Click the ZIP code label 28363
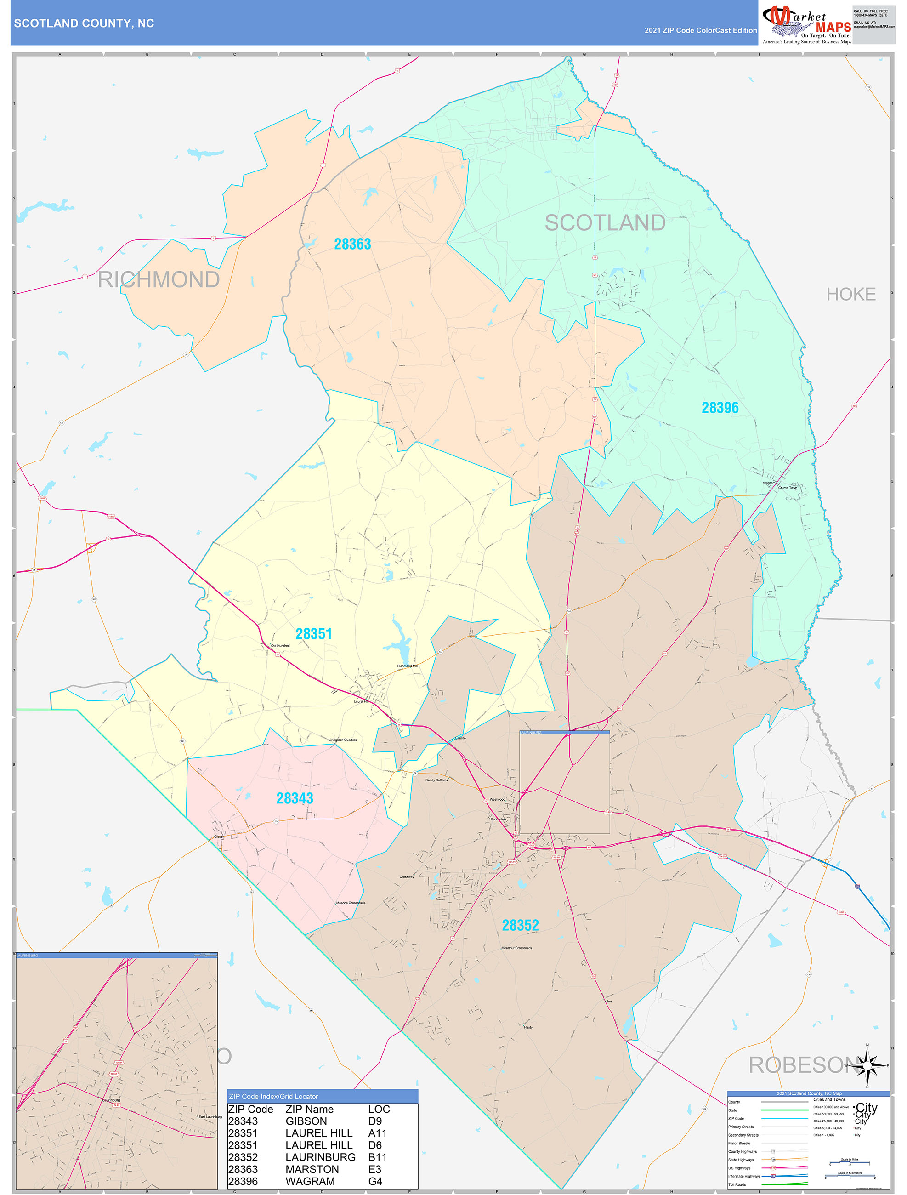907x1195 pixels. click(x=352, y=244)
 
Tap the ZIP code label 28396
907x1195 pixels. click(x=720, y=408)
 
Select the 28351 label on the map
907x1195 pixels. click(x=313, y=634)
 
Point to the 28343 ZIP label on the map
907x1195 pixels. click(x=295, y=798)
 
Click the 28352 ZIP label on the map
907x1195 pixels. click(x=520, y=925)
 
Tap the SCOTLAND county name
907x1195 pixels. click(x=605, y=222)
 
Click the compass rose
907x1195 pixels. click(x=867, y=1066)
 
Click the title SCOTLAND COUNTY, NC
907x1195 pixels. click(x=84, y=23)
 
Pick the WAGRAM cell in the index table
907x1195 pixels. click(x=310, y=1182)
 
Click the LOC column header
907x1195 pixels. click(x=379, y=1109)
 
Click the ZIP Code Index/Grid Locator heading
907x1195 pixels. click(x=273, y=1096)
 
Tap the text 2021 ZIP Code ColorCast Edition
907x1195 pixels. click(x=700, y=30)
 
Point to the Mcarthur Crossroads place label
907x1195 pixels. click(x=516, y=948)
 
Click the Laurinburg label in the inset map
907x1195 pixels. click(x=112, y=1100)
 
